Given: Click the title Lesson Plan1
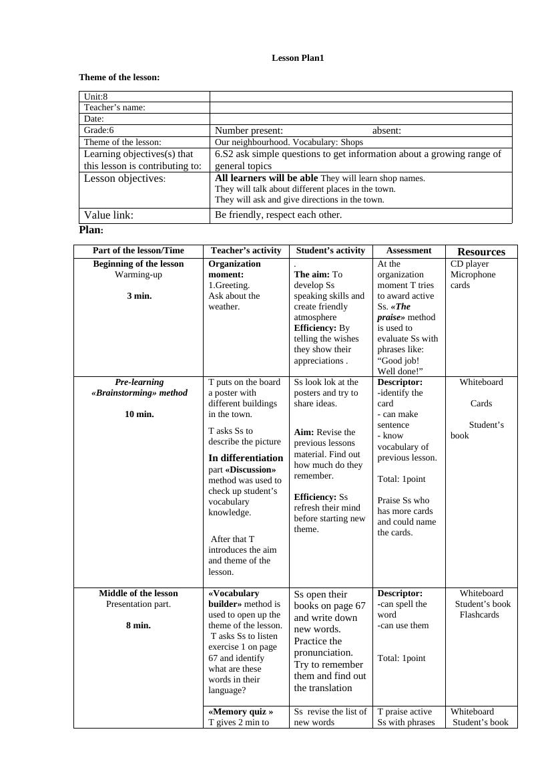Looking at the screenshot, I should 298,58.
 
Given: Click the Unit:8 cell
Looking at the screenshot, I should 96,96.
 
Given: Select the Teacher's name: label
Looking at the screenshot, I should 115,108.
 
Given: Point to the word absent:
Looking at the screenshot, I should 386,130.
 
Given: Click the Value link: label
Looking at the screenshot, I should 109,215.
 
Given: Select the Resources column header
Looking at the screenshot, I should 481,252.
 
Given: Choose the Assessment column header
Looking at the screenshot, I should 408,251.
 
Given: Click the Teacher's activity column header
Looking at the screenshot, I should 246,251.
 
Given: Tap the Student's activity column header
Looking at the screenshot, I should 330,251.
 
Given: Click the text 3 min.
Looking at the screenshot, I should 139,296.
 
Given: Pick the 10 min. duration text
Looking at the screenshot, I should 139,414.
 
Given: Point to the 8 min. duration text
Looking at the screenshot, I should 138,626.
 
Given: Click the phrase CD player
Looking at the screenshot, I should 470,264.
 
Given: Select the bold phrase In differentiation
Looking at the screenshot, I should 246,458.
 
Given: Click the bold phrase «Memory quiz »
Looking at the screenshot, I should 241,712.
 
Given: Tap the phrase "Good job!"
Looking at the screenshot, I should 398,360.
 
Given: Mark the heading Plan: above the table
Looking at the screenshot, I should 91,230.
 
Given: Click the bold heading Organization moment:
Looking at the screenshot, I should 234,269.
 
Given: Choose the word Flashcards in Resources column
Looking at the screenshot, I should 479,615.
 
